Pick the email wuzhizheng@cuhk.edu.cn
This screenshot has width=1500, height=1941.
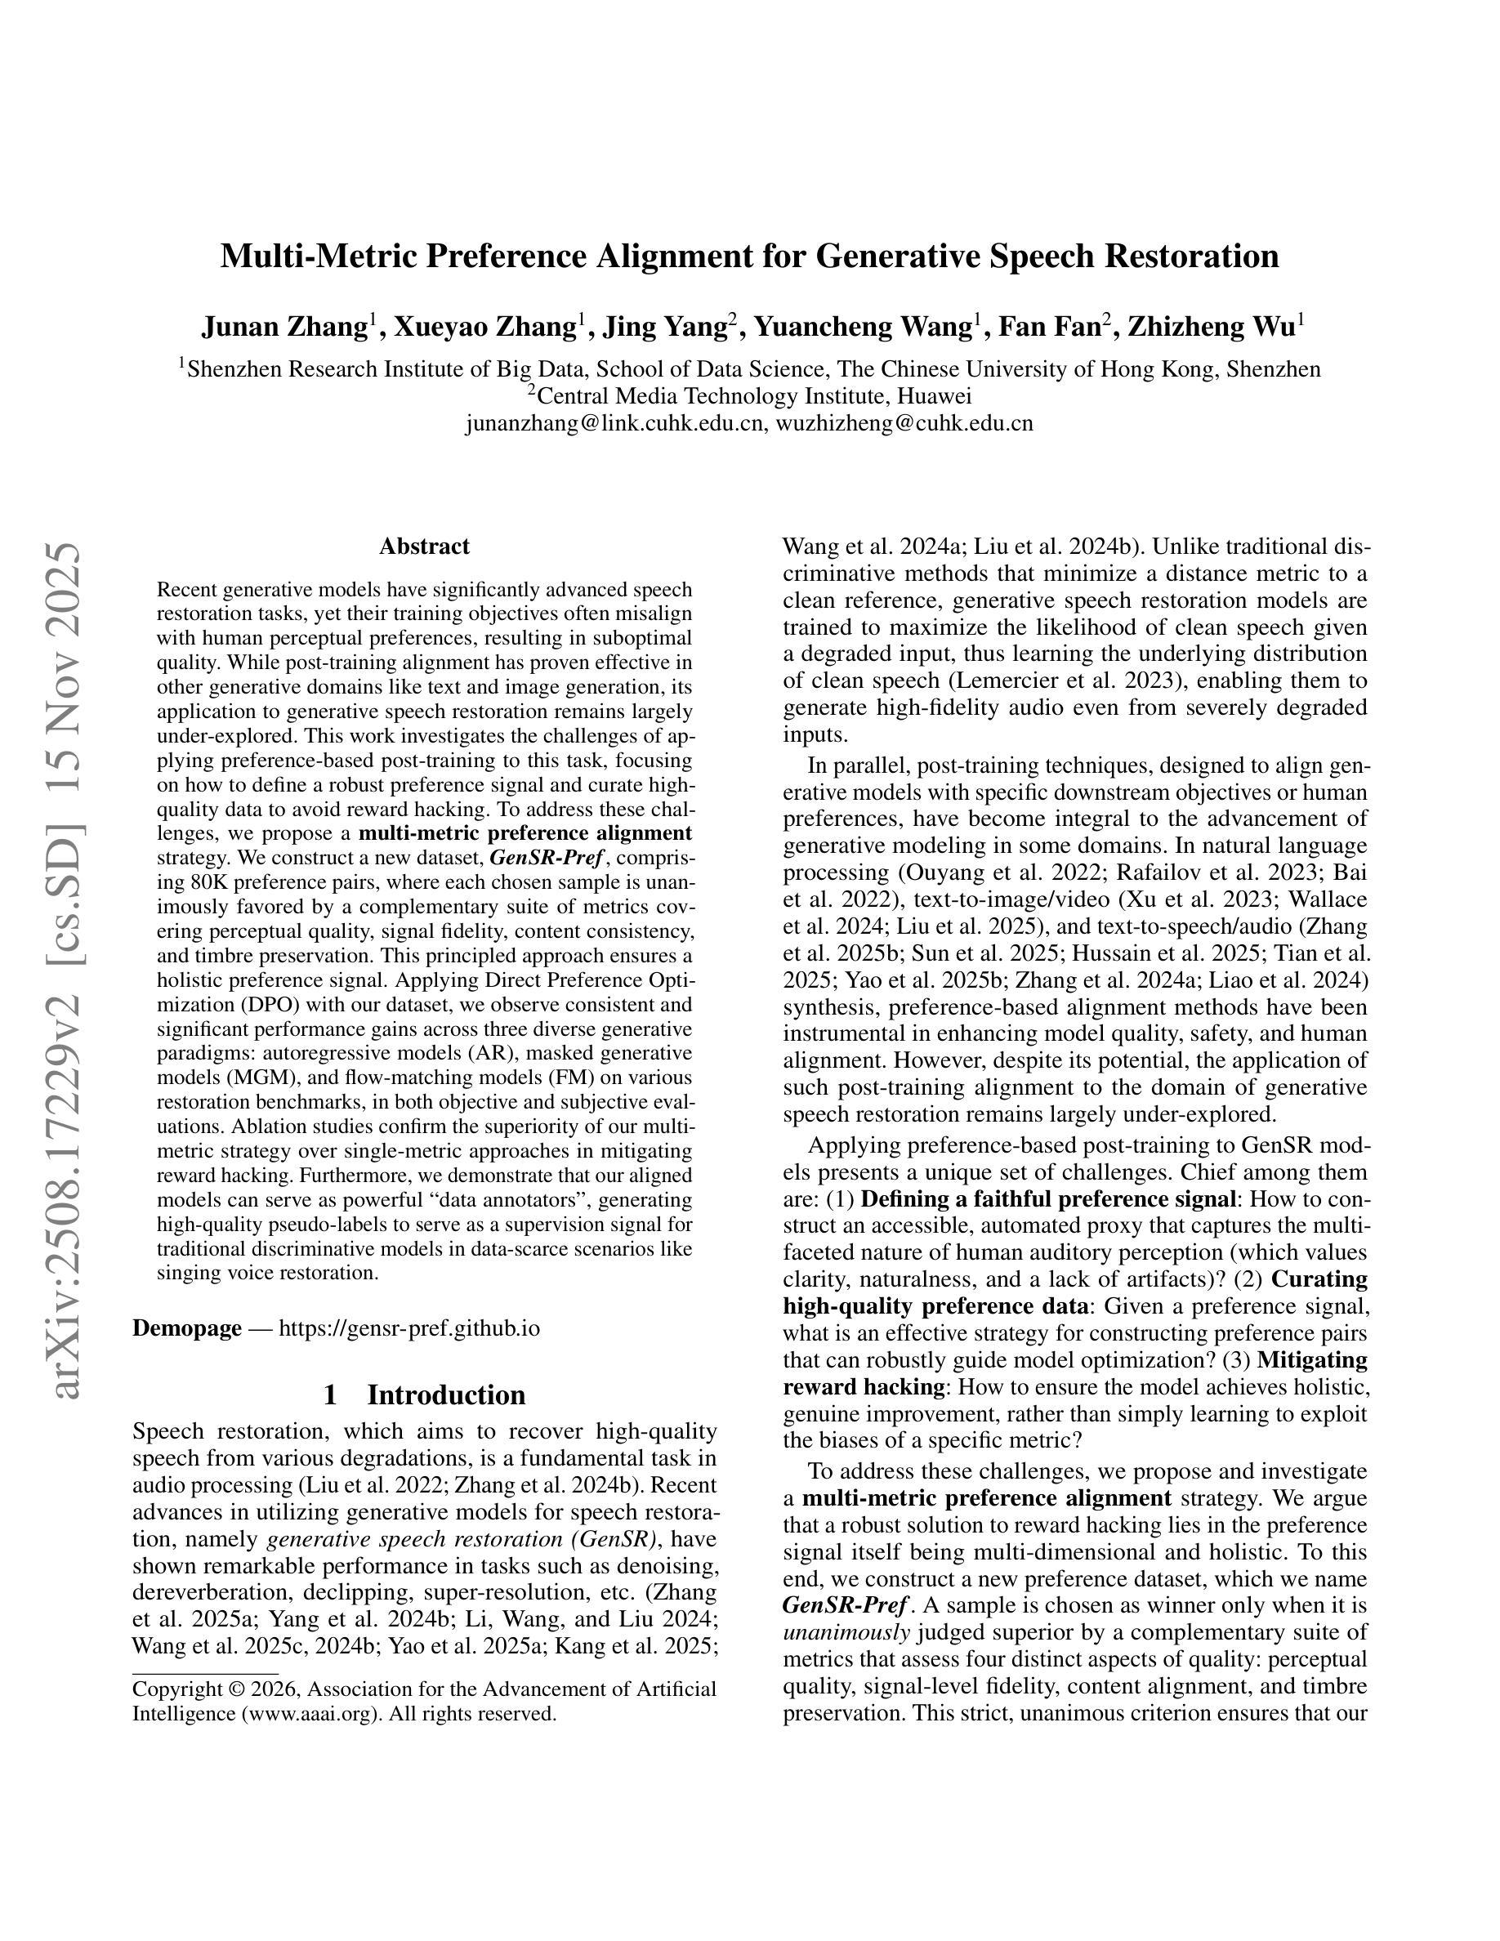pyautogui.click(x=904, y=423)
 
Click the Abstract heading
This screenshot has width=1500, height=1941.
pyautogui.click(x=424, y=546)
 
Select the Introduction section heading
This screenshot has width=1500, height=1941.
pyautogui.click(x=445, y=1394)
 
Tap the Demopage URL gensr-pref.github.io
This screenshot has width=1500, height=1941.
pyautogui.click(x=409, y=1327)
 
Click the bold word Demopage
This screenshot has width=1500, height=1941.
pyautogui.click(x=186, y=1327)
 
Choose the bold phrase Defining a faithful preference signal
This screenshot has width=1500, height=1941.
pyautogui.click(x=1048, y=1199)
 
